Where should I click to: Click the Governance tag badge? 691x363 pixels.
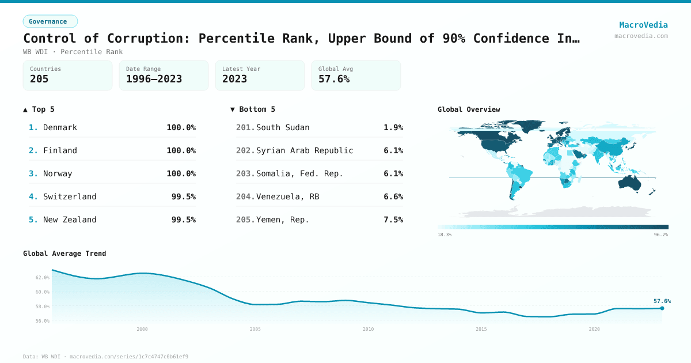(x=50, y=21)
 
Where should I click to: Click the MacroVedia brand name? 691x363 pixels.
(x=643, y=25)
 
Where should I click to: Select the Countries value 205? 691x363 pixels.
(x=39, y=79)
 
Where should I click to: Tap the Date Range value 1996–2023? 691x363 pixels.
(x=154, y=79)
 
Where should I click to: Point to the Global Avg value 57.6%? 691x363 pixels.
(x=334, y=79)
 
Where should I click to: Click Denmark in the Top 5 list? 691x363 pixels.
(x=60, y=127)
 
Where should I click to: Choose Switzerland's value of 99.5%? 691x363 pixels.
(x=183, y=196)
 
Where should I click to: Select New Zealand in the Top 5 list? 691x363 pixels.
(x=70, y=220)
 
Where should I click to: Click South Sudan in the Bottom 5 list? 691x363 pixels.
(x=282, y=127)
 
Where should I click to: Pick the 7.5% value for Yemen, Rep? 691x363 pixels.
(x=393, y=220)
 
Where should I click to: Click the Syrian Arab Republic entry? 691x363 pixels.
(x=304, y=150)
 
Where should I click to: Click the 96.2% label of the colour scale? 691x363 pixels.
(x=660, y=235)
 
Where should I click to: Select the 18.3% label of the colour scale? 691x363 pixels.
(x=445, y=235)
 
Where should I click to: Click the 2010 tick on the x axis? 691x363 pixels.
(x=368, y=329)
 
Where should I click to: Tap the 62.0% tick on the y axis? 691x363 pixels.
(x=42, y=277)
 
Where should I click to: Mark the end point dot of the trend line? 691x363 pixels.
(x=662, y=308)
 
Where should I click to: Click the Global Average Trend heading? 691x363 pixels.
(x=64, y=254)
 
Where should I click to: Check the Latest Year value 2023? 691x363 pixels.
(x=234, y=79)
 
